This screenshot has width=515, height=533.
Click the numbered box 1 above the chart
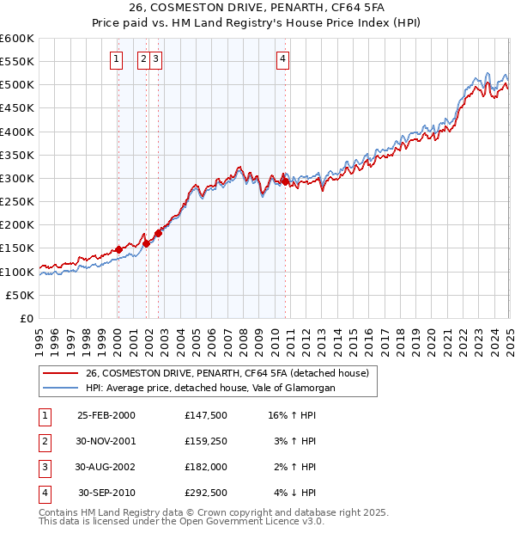click(x=117, y=59)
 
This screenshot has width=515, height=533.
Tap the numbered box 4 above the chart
click(x=282, y=59)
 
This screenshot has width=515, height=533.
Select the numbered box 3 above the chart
click(x=159, y=59)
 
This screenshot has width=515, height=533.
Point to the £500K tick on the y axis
click(x=17, y=85)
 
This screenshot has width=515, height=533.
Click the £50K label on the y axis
click(x=21, y=295)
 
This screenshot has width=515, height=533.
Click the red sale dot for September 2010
click(x=285, y=181)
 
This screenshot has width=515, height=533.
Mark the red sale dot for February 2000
click(x=118, y=249)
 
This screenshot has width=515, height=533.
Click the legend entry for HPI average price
click(x=209, y=388)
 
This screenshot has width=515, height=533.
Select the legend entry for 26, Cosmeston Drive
click(x=227, y=373)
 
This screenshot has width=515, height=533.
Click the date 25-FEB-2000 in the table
click(x=106, y=415)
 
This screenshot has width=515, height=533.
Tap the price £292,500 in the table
click(x=206, y=493)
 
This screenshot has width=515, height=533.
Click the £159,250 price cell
click(x=206, y=441)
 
